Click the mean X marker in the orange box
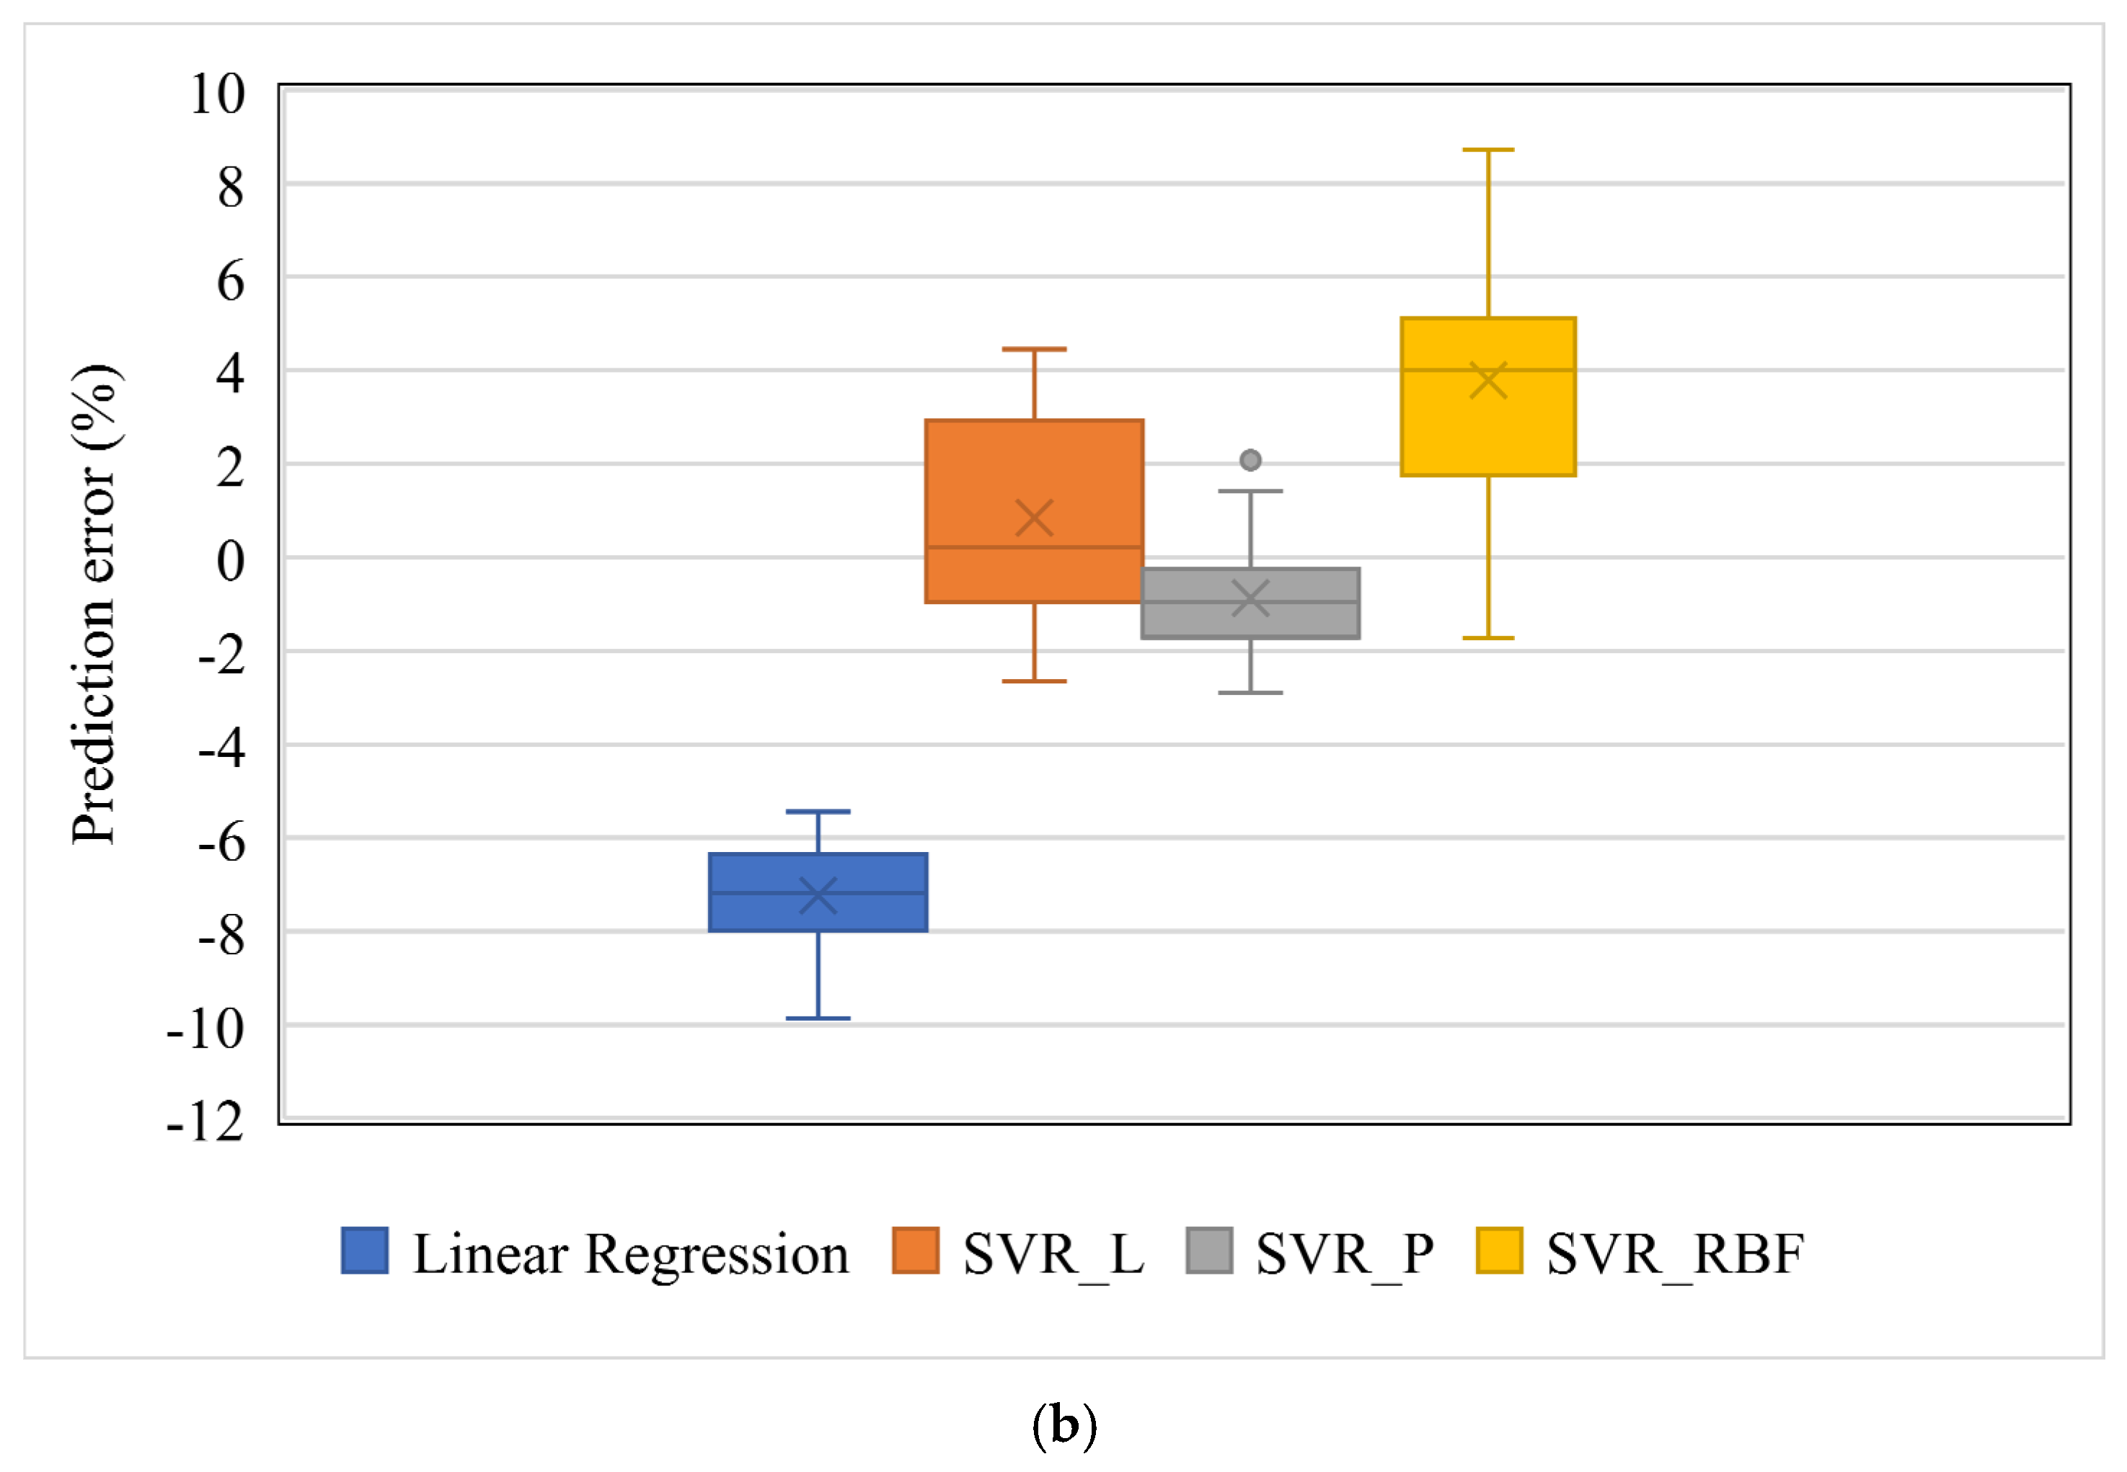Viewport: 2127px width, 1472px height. (x=1034, y=518)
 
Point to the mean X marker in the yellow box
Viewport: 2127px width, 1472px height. (x=1487, y=380)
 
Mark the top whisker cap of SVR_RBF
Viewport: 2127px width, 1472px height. (x=1487, y=149)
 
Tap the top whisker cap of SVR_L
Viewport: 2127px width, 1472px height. (x=1034, y=350)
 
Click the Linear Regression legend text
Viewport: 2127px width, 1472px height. (x=630, y=1254)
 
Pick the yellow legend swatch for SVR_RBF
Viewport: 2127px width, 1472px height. (x=1499, y=1251)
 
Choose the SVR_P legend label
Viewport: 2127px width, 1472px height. (x=1344, y=1254)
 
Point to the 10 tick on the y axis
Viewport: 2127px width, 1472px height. (x=218, y=94)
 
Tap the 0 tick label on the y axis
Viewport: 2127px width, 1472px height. (x=230, y=561)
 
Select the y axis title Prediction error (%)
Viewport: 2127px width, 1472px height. (x=95, y=604)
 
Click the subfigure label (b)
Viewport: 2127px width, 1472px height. (x=1063, y=1425)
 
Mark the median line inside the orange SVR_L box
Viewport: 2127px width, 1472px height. (x=1034, y=547)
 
